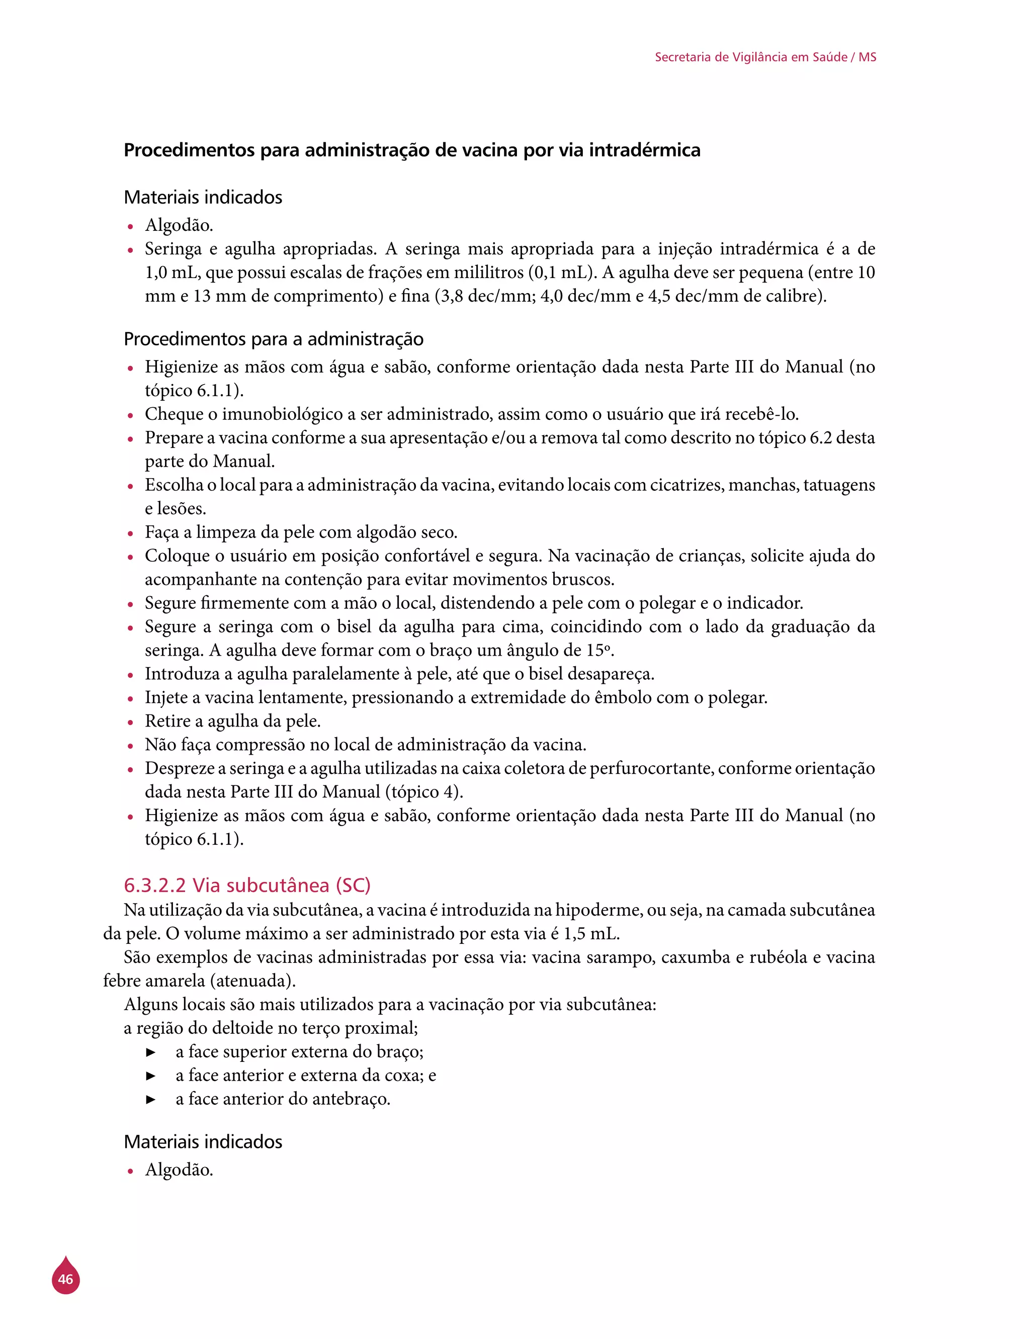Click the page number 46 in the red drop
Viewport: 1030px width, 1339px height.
click(x=65, y=1279)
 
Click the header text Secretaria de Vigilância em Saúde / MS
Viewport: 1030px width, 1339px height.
click(x=765, y=57)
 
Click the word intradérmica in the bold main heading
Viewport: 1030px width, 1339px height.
click(x=644, y=150)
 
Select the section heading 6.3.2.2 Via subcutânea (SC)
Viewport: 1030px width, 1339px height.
click(x=247, y=885)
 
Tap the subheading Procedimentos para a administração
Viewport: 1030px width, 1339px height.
click(x=274, y=339)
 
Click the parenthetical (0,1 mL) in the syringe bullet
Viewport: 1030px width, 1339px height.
click(x=562, y=272)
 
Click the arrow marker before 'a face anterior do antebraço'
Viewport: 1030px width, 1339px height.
click(x=151, y=1099)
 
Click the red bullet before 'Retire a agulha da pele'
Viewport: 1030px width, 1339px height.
click(x=130, y=723)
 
